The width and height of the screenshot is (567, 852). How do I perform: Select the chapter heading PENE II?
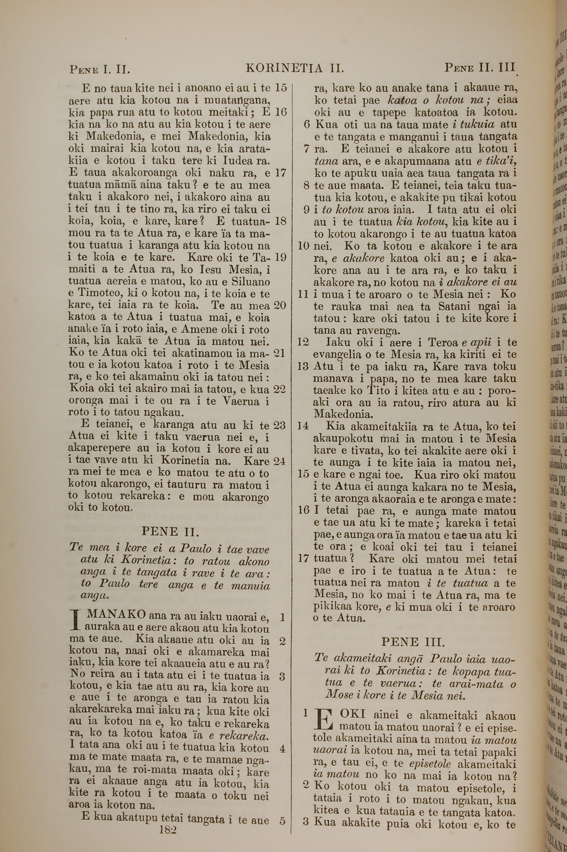tap(170, 531)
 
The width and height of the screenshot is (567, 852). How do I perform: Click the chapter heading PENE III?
tap(413, 642)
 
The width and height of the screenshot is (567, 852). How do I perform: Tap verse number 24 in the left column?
tap(280, 461)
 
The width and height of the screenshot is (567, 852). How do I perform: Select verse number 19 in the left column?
tap(280, 257)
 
